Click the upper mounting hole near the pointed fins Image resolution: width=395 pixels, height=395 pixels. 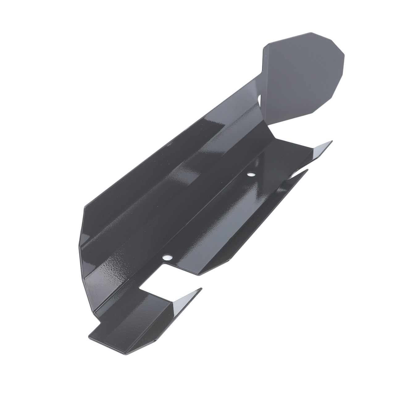click(x=252, y=175)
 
